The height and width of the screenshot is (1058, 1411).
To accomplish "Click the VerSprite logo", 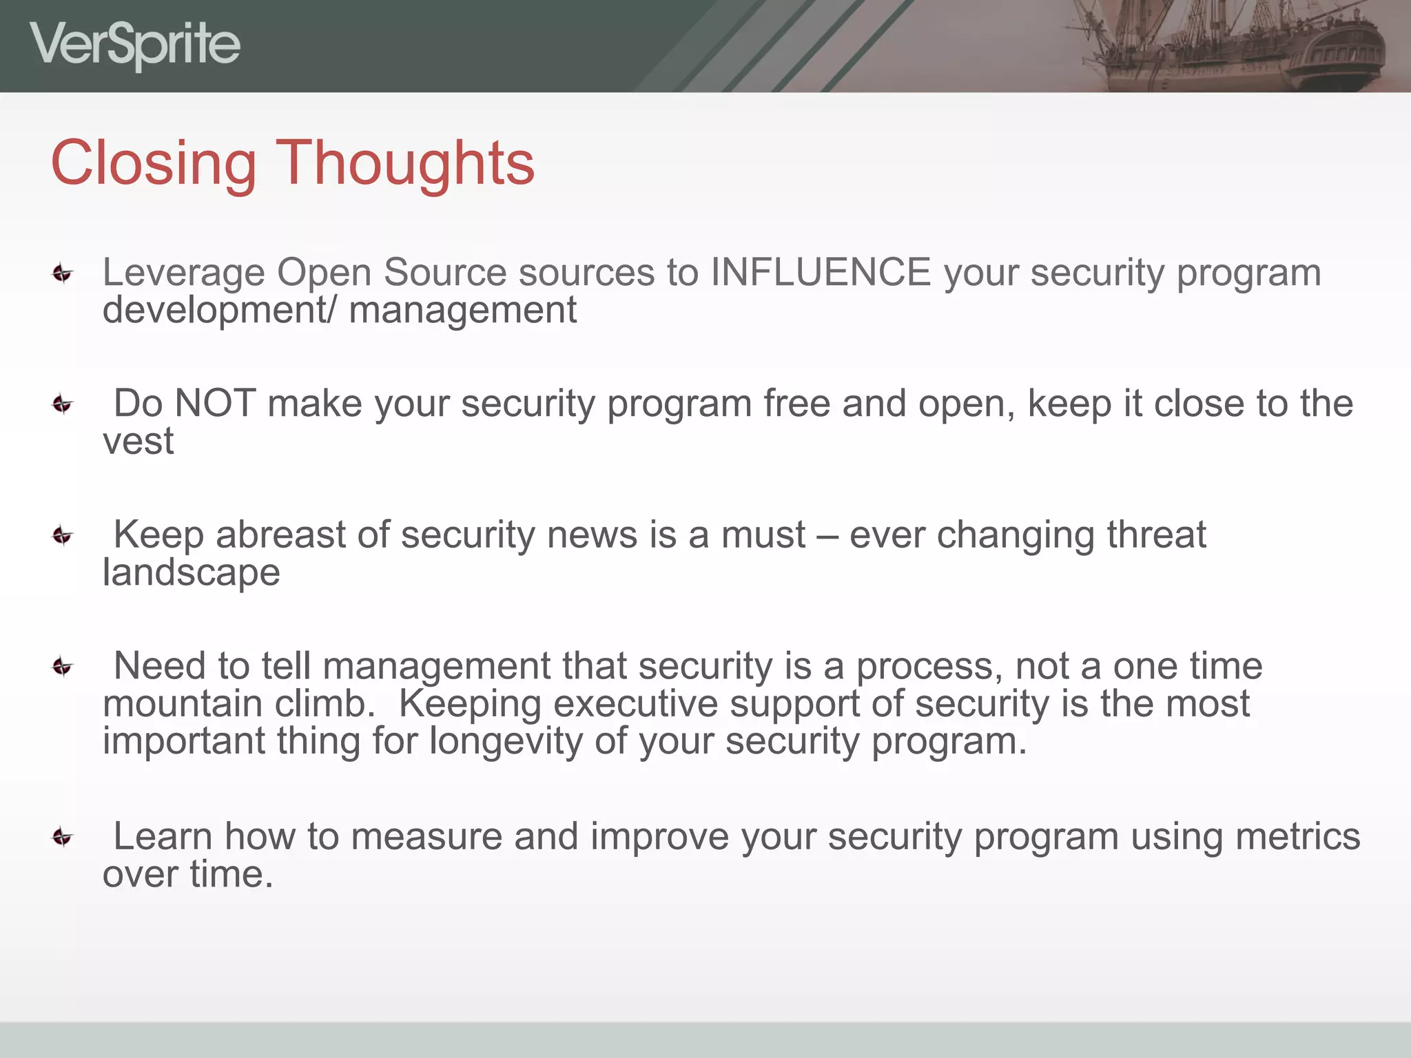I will (135, 45).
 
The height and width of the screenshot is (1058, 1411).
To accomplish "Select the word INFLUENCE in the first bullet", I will (821, 272).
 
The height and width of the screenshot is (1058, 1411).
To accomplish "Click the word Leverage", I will (183, 273).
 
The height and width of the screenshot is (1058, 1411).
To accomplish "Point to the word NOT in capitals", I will (215, 404).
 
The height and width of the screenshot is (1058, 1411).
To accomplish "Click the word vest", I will (138, 442).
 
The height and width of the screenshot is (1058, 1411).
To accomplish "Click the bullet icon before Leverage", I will (63, 274).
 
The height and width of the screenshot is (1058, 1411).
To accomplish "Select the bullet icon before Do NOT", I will (63, 404).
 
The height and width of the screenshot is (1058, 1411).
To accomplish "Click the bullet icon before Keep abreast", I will (63, 535).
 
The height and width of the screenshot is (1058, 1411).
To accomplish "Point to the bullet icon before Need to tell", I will (63, 667).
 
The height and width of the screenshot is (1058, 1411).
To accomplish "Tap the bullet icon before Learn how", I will (63, 838).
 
